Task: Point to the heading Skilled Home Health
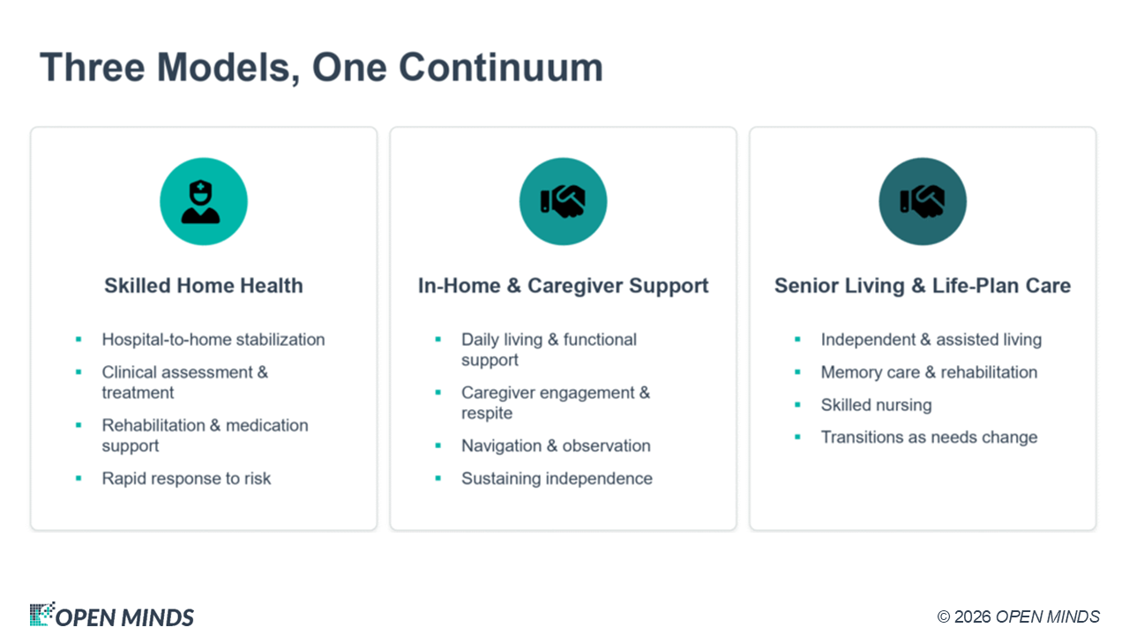point(204,286)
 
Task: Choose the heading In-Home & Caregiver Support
point(563,286)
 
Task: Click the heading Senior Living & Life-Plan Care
point(923,286)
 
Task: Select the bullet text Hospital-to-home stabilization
point(213,340)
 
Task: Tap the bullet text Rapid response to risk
point(186,478)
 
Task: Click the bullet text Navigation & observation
point(556,445)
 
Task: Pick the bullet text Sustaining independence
point(557,478)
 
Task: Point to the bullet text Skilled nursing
point(876,405)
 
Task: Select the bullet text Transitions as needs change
point(929,437)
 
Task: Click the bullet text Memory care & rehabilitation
point(929,372)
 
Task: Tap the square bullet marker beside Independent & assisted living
point(797,340)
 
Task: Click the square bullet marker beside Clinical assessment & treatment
point(79,372)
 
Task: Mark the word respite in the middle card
point(486,414)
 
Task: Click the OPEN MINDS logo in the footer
point(111,615)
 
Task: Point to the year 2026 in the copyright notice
point(972,616)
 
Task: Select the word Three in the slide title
point(93,68)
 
